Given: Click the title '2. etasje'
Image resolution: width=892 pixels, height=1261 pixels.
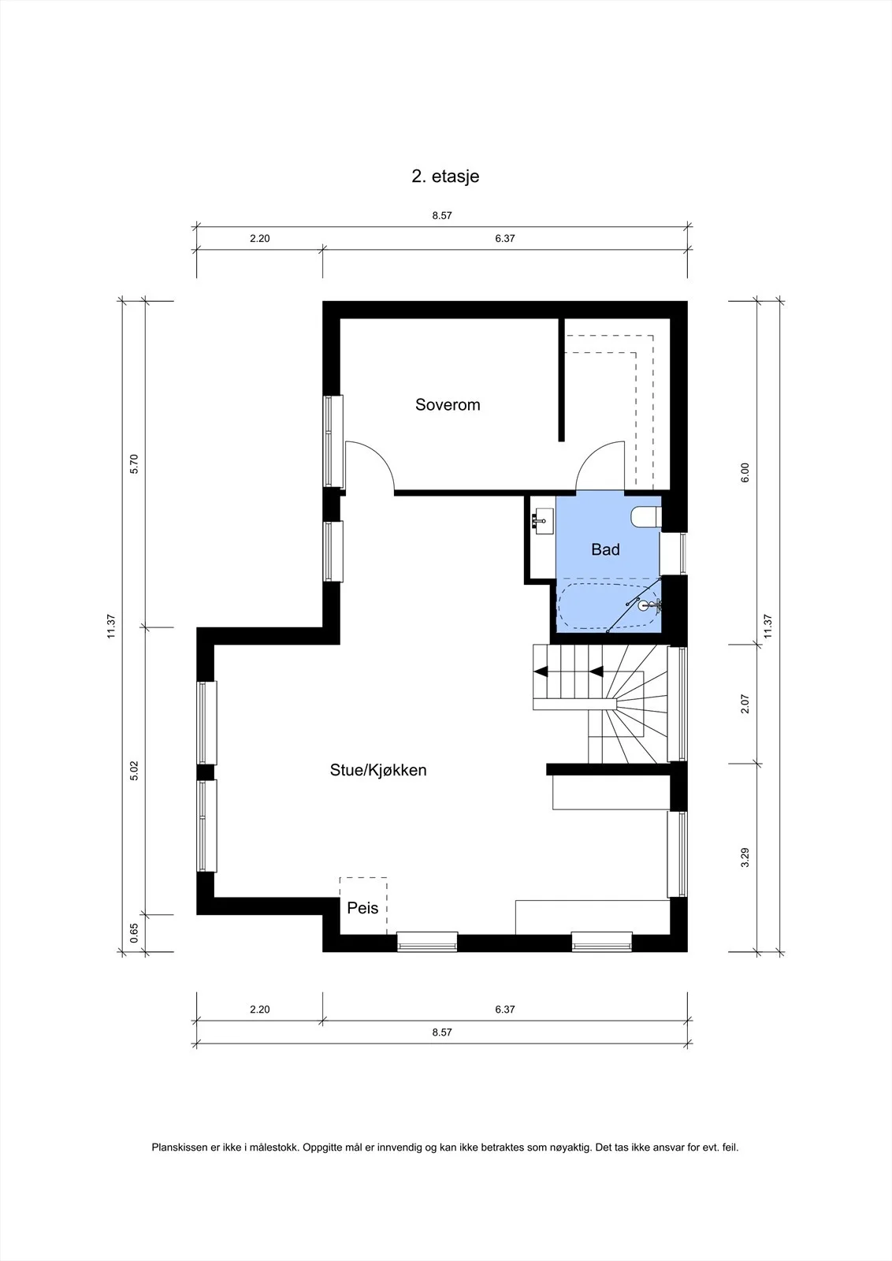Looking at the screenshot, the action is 445,177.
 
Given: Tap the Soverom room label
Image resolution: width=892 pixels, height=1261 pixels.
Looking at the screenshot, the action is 448,405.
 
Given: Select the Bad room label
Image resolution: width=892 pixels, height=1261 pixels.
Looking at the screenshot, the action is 605,549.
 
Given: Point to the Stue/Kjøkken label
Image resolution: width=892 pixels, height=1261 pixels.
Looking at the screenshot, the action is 378,770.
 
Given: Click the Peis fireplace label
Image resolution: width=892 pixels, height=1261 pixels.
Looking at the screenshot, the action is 362,908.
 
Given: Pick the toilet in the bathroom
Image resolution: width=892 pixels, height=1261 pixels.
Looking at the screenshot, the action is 646,516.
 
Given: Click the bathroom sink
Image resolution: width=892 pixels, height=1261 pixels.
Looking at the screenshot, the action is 543,521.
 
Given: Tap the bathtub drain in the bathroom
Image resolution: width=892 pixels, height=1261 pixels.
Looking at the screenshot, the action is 644,606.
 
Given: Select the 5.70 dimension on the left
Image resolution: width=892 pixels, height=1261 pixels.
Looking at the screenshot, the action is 134,464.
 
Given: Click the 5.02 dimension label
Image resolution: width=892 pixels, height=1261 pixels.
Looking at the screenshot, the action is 134,771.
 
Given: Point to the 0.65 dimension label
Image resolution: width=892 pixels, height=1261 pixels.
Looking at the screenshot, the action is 134,933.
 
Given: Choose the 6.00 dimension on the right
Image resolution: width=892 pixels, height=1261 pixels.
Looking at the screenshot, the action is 745,473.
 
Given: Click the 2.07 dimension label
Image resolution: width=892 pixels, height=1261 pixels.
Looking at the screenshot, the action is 745,705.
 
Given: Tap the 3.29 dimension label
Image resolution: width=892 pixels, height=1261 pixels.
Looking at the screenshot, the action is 745,857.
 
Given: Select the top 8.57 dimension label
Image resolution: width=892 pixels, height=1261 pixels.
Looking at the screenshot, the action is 442,216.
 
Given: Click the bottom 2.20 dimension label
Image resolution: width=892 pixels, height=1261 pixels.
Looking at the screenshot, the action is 260,1010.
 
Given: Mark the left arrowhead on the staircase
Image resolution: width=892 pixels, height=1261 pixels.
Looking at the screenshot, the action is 541,671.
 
